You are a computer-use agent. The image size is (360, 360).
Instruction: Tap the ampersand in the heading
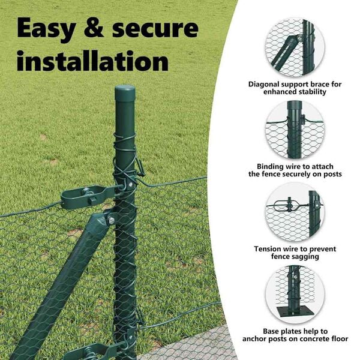coord(94,28)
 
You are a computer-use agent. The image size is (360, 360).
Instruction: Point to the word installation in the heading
coord(93,61)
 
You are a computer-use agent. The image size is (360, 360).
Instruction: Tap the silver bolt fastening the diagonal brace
coord(112,221)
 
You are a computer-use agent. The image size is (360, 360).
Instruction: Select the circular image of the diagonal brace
coord(295,47)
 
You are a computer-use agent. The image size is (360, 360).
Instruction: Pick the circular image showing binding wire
coord(295,130)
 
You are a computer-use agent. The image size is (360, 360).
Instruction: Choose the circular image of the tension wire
coord(295,212)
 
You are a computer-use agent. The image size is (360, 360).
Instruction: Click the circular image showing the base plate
coord(295,295)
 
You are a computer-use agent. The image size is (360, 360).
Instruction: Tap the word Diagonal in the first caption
coord(263,85)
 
